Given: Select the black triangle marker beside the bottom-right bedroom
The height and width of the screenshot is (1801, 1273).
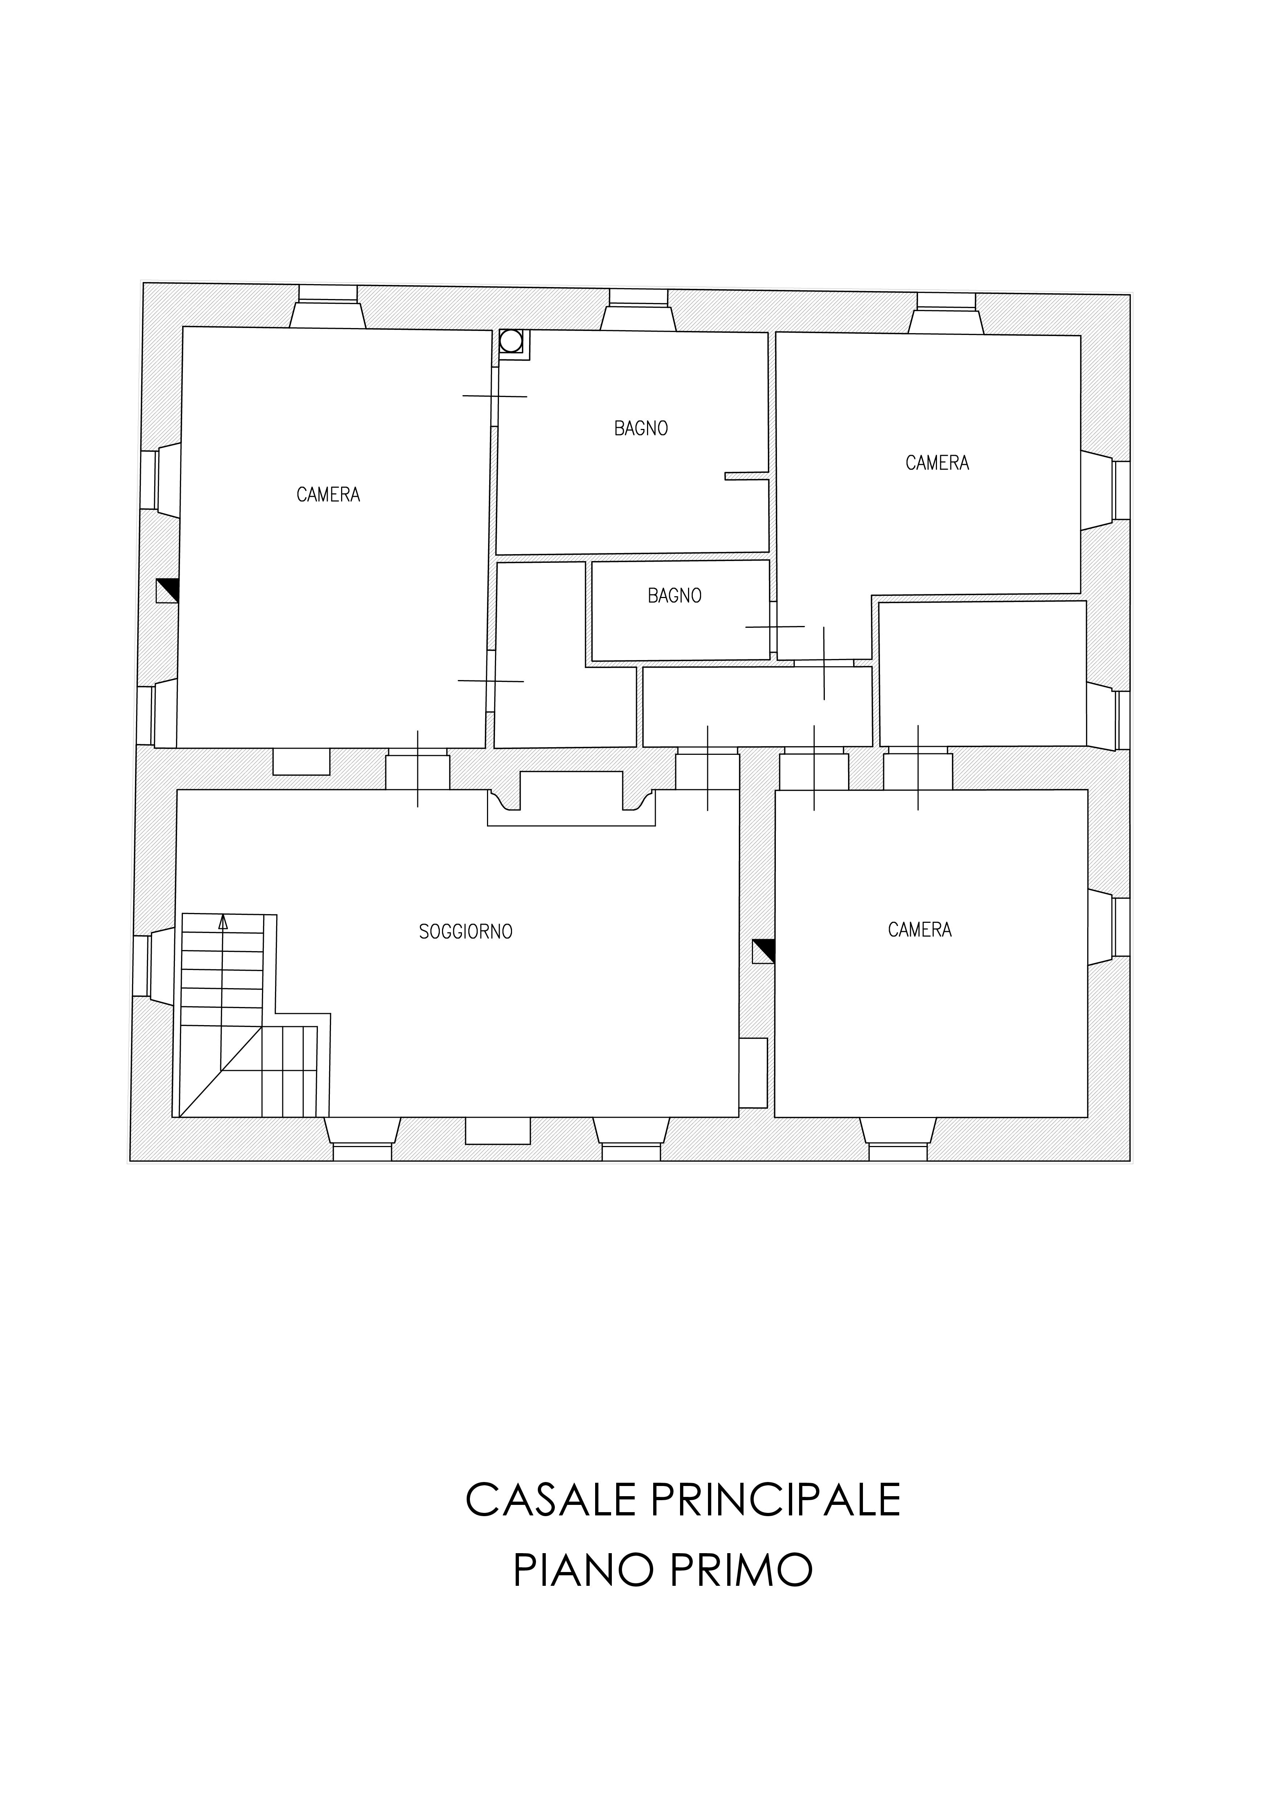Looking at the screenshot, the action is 763,951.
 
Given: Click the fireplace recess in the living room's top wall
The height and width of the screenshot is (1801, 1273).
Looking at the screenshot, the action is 571,798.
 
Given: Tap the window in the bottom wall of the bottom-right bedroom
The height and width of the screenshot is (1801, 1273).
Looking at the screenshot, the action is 898,1139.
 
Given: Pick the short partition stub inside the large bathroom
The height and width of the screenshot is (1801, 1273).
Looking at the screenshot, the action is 746,475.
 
